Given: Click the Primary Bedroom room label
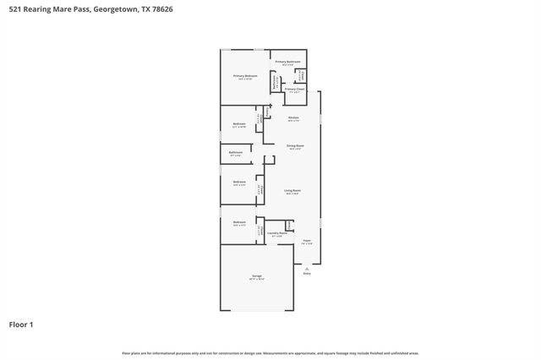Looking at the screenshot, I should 245,77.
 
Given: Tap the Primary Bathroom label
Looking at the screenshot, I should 288,63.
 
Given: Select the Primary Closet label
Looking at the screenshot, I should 294,90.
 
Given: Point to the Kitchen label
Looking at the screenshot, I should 293,118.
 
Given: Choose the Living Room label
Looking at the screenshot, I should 292,192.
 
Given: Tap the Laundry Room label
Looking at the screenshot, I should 276,234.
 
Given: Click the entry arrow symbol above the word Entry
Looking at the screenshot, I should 308,266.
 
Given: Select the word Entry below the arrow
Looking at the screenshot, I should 308,273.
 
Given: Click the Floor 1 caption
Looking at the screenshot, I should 21,324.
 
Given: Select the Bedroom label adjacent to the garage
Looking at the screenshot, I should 239,224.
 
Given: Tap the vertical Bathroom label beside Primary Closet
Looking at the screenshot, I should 274,82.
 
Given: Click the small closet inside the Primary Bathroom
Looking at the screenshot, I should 300,74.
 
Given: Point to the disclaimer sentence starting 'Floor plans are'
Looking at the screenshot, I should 270,352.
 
